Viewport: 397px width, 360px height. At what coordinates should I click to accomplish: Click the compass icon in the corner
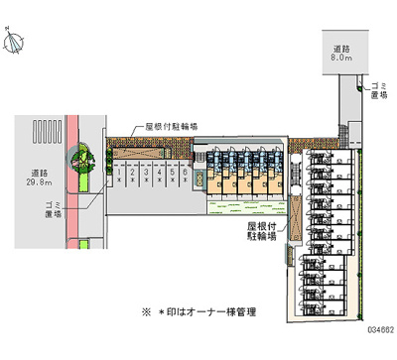15,41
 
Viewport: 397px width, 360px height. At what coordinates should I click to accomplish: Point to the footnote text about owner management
198,311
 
